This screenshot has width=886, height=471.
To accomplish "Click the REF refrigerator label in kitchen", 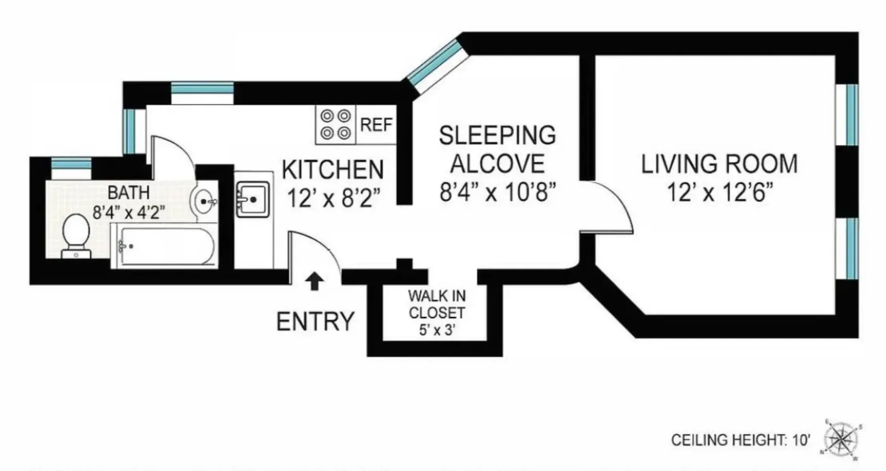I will click(x=376, y=125).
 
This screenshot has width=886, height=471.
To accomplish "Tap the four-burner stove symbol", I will click(x=335, y=124).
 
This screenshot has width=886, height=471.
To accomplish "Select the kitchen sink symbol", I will click(x=252, y=199).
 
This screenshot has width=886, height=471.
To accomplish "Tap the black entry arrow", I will click(x=314, y=281).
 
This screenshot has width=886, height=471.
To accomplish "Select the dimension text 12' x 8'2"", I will click(x=333, y=198).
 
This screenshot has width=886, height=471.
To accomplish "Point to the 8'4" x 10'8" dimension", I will click(x=497, y=192).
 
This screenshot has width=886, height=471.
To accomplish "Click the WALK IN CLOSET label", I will click(x=437, y=304).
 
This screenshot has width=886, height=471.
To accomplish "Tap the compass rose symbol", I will click(x=841, y=440).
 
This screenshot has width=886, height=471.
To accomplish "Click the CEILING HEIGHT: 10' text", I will click(x=741, y=440).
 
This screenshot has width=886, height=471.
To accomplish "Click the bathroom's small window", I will click(x=71, y=165).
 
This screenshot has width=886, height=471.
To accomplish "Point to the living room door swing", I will click(x=611, y=207).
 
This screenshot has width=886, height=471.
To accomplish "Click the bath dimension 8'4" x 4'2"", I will click(x=129, y=212).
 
